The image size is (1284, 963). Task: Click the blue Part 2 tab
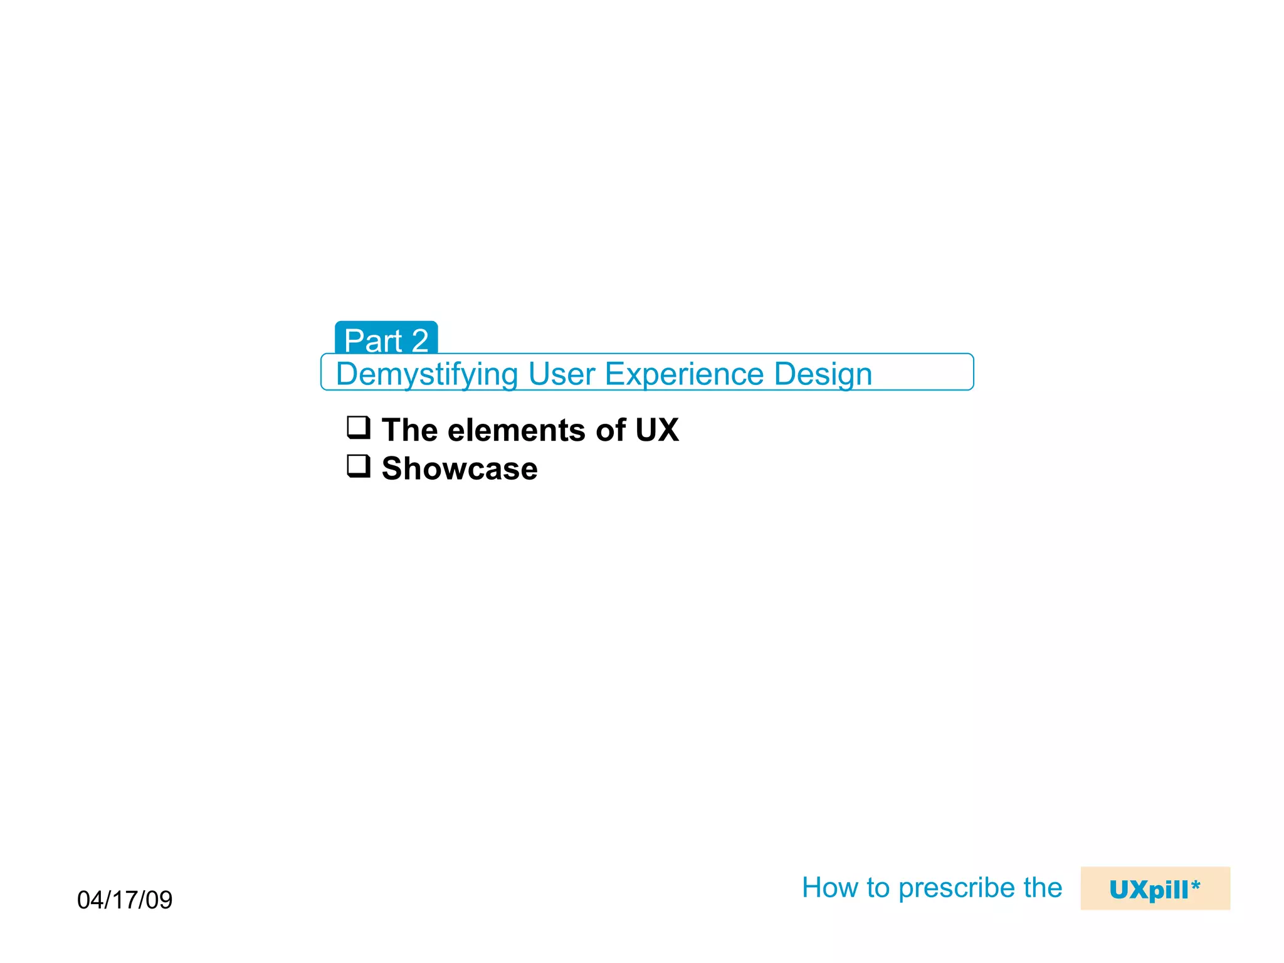(386, 339)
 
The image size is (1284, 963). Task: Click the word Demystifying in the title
(426, 374)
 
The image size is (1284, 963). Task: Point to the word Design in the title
(823, 374)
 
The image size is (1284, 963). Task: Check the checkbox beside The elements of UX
(359, 428)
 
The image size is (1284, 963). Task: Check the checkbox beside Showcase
(359, 466)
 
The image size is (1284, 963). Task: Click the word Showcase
(460, 469)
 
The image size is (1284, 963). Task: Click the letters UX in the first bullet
(656, 431)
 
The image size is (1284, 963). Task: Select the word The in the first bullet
(409, 431)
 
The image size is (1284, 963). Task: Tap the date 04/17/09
(125, 900)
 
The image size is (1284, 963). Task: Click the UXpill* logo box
(1155, 888)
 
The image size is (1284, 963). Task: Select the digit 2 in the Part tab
(420, 341)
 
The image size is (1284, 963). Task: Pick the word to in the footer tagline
(878, 888)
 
